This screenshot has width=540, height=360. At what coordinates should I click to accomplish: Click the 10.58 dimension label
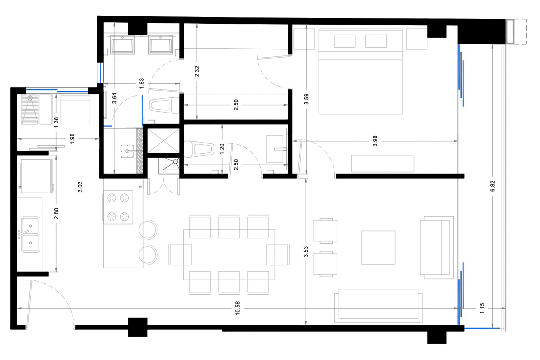click(237, 308)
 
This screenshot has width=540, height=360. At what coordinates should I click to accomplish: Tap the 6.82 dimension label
click(493, 186)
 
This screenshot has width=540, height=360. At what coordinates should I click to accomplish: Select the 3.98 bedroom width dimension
click(375, 141)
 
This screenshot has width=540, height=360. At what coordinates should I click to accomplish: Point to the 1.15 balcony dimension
click(482, 308)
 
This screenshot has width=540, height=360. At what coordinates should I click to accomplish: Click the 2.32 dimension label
click(197, 71)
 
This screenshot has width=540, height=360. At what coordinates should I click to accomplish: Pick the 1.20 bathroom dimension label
click(222, 149)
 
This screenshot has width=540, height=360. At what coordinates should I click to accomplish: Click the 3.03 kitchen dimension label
click(80, 187)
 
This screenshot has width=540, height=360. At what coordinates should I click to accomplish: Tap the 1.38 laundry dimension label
click(56, 122)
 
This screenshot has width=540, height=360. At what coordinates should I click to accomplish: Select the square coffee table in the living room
click(378, 247)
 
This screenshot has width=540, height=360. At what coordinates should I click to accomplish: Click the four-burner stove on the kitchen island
click(118, 207)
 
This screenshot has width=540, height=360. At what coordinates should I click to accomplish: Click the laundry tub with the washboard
click(30, 109)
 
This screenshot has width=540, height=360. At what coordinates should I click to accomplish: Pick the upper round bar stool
click(148, 229)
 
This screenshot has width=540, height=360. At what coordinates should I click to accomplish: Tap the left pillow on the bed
click(345, 41)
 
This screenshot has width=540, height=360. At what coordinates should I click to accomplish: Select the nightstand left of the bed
click(304, 39)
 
